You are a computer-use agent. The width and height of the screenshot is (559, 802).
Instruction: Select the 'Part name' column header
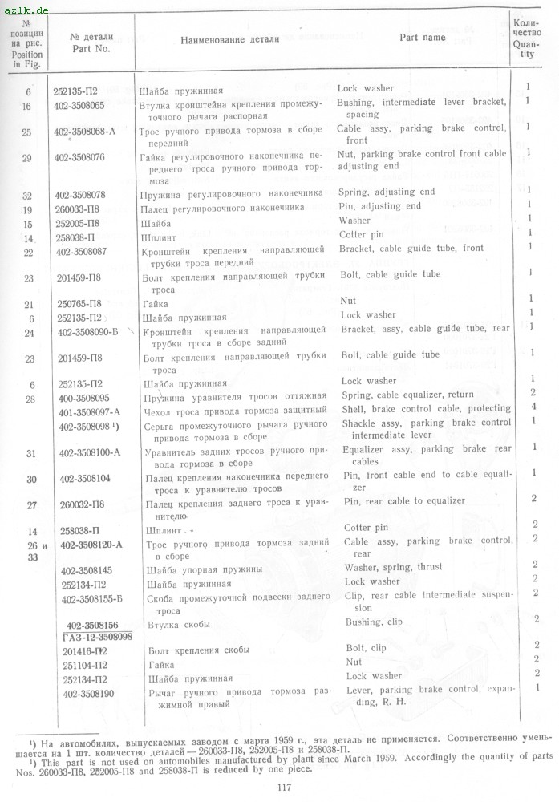(x=423, y=37)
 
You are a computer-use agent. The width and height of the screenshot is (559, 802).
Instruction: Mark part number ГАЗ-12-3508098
(x=96, y=636)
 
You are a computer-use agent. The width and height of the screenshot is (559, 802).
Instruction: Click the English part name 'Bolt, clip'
(x=366, y=648)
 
